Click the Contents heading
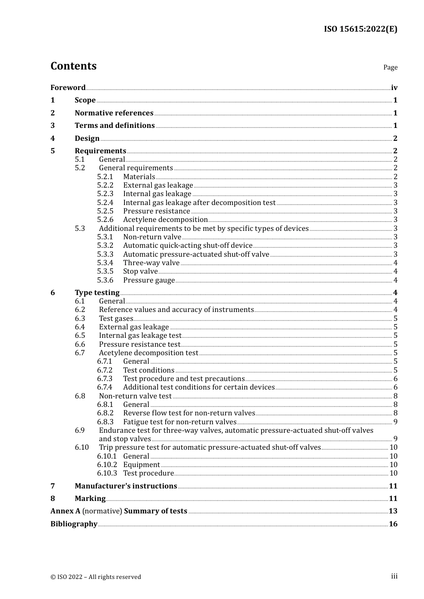click(x=73, y=66)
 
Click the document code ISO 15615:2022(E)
click(x=360, y=29)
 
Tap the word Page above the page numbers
click(x=390, y=67)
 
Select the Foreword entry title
click(x=68, y=87)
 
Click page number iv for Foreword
click(x=394, y=87)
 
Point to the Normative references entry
click(x=114, y=113)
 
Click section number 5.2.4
click(x=105, y=202)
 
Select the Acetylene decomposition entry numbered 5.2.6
click(x=165, y=219)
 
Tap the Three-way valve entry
click(x=151, y=263)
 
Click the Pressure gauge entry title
click(x=149, y=280)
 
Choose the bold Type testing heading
click(x=97, y=292)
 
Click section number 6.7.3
click(x=105, y=378)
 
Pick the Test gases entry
click(x=116, y=318)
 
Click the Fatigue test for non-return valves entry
click(x=179, y=422)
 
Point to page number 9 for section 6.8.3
click(x=395, y=422)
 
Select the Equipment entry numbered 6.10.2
click(x=141, y=464)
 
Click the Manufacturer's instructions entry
click(x=126, y=486)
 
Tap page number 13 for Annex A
click(x=393, y=511)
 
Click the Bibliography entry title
click(x=74, y=524)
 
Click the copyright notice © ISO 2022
click(x=96, y=577)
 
